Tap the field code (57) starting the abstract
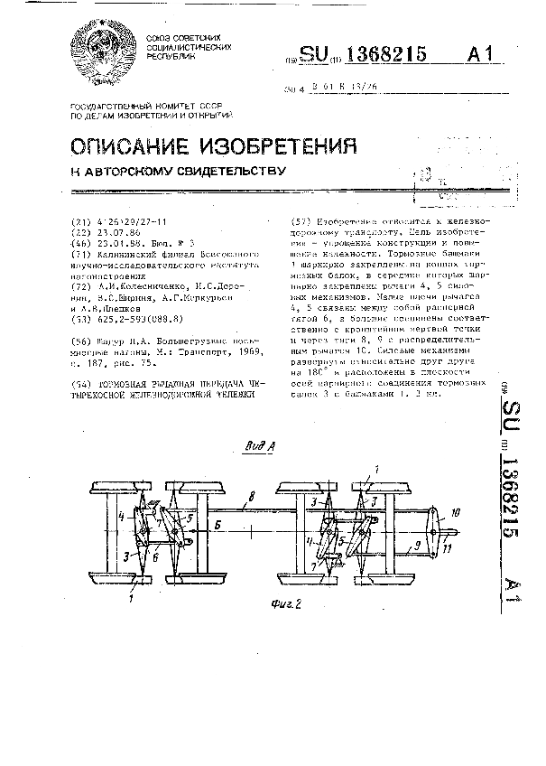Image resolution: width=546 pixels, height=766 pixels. [305, 222]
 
